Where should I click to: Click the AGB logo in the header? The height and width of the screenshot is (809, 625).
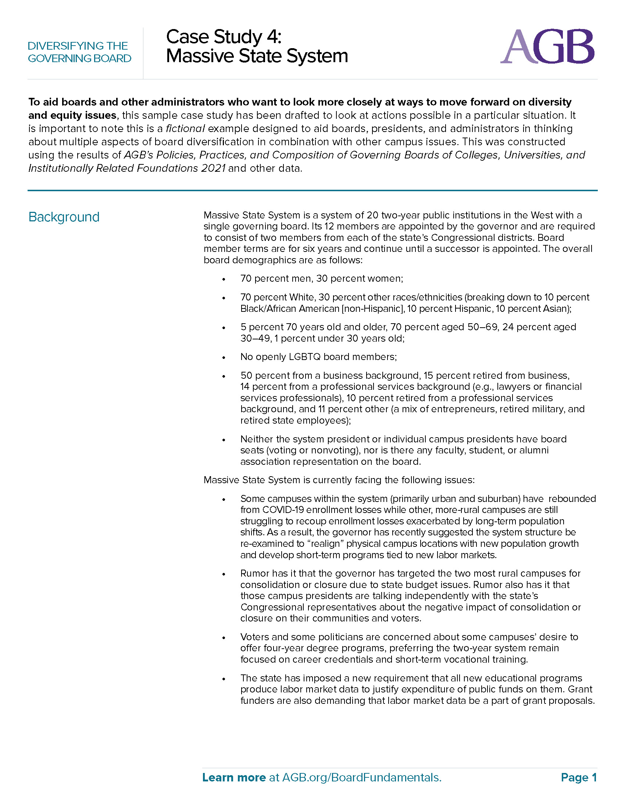tap(547, 47)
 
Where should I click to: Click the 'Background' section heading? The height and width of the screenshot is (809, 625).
tap(64, 217)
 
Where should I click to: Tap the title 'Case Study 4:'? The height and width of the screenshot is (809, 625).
tap(224, 37)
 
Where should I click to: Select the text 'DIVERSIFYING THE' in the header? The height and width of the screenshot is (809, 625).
tap(78, 46)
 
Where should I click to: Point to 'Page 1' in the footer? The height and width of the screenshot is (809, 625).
tap(579, 777)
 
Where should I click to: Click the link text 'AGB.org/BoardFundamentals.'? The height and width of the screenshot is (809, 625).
tap(362, 777)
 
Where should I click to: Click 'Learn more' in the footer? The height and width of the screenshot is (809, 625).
tap(234, 777)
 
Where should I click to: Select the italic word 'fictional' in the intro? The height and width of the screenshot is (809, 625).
tap(185, 129)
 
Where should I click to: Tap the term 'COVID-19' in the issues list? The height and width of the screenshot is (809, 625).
tap(283, 510)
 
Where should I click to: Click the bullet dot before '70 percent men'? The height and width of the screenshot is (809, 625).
tap(224, 279)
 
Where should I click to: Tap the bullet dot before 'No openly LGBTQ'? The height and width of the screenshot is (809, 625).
tap(224, 357)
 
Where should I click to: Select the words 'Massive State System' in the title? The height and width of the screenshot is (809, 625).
tap(257, 56)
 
